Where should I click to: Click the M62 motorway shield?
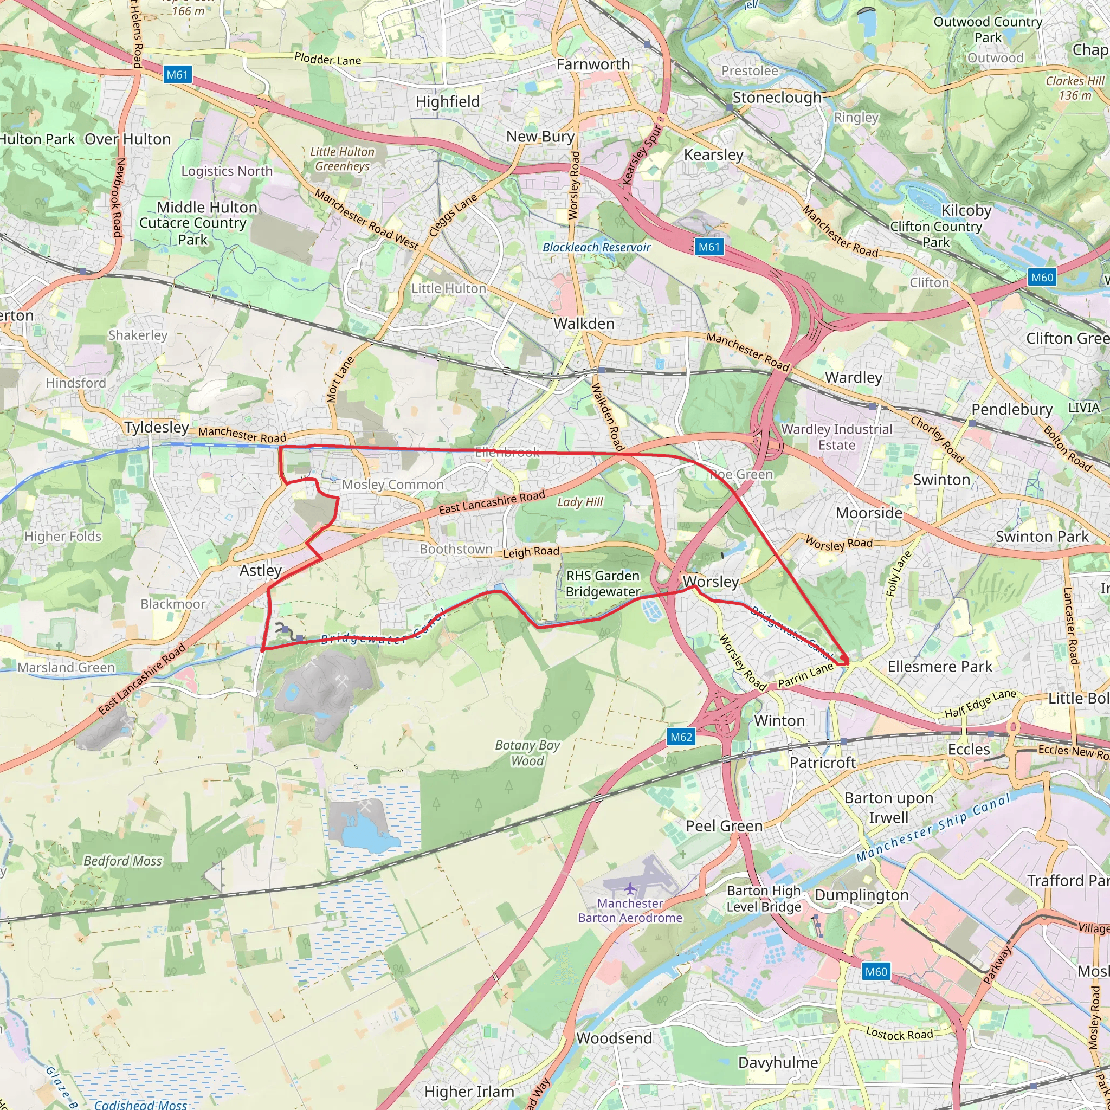pos(681,737)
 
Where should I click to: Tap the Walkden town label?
pos(584,324)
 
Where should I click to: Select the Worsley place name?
pos(711,582)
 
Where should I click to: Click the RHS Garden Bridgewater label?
pos(603,584)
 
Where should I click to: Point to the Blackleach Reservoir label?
pos(596,248)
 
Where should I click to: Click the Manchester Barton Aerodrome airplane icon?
pos(630,889)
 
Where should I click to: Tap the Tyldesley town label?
pos(156,428)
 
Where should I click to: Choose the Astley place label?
pos(260,571)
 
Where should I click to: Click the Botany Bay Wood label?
pos(527,753)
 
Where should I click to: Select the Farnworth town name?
pos(593,64)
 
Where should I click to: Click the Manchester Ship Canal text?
pos(932,828)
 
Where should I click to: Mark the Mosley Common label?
pos(393,485)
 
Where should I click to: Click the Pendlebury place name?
pos(1012,410)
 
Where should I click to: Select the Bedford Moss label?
pos(123,861)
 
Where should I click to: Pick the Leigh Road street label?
pos(531,552)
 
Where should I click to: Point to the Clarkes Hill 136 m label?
pos(1075,88)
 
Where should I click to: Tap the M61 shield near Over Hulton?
pos(177,75)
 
